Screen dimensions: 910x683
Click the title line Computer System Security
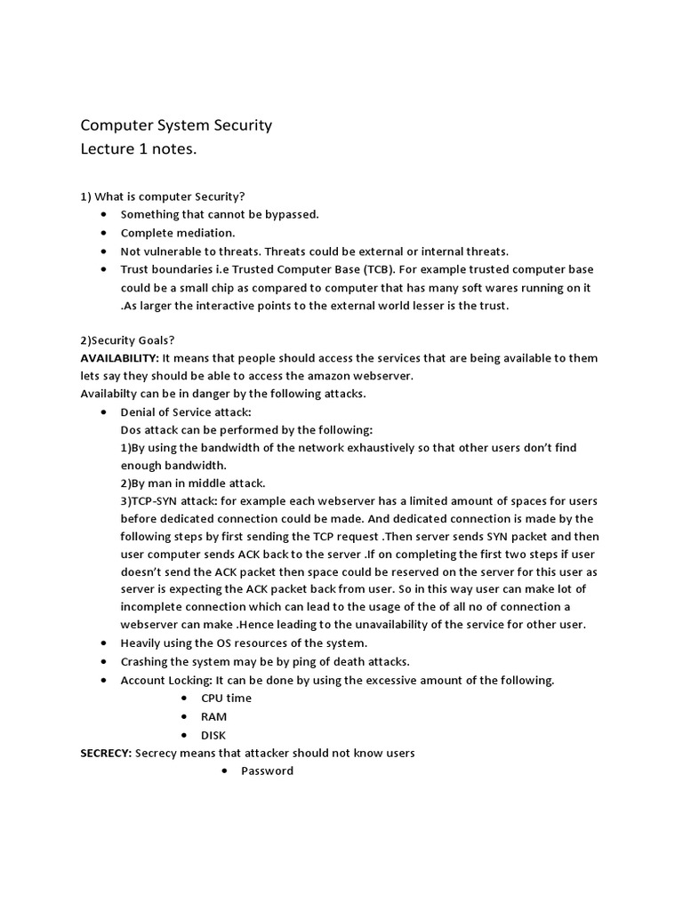click(176, 125)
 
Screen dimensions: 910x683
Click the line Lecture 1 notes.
click(138, 149)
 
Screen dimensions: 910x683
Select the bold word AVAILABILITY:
click(119, 358)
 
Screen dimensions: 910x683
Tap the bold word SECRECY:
click(106, 753)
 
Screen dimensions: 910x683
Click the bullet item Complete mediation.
click(178, 233)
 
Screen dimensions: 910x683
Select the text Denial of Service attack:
click(186, 412)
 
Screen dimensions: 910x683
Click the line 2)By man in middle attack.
click(193, 483)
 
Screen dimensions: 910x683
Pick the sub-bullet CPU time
click(226, 698)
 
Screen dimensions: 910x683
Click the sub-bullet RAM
click(213, 716)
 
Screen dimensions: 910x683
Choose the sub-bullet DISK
click(213, 735)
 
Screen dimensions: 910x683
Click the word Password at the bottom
click(267, 770)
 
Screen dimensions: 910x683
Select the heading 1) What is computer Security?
click(163, 196)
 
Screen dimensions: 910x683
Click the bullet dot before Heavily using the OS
click(104, 643)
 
